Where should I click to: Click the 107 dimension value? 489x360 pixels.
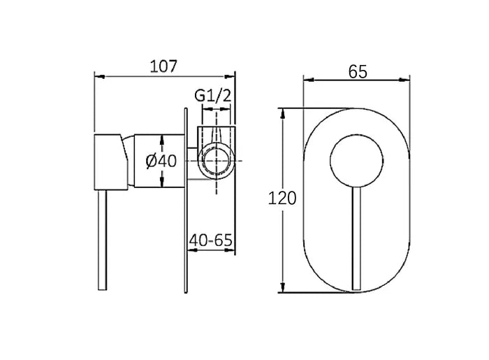[165, 66]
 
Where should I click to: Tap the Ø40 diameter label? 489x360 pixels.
[161, 161]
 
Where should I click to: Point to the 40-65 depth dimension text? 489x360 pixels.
[210, 240]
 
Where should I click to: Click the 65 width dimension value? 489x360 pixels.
[356, 71]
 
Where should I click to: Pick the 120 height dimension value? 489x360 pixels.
[282, 198]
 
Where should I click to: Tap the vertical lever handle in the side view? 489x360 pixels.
[103, 238]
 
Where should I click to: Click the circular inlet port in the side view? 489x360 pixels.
[218, 160]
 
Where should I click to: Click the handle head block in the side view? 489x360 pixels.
[109, 160]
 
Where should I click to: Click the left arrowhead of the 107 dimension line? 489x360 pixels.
[98, 76]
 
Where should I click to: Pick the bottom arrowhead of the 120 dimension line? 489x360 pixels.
[282, 287]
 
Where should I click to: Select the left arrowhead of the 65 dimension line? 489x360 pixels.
[307, 81]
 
